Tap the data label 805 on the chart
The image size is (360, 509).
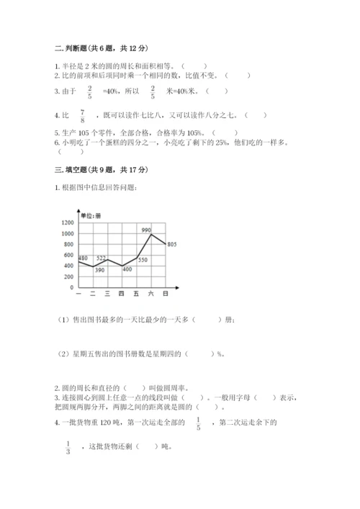click(172, 245)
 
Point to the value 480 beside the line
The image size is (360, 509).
click(82, 258)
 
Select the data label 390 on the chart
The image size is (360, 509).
click(99, 270)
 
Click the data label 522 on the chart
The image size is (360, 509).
click(101, 258)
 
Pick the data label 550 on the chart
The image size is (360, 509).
click(143, 260)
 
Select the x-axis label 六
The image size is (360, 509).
click(150, 294)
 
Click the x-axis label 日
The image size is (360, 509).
click(166, 294)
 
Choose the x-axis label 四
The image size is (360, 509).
click(121, 294)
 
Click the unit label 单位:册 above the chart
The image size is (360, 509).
click(90, 215)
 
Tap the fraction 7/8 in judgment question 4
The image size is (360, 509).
click(83, 116)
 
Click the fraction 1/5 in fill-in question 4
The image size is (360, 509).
click(198, 423)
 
